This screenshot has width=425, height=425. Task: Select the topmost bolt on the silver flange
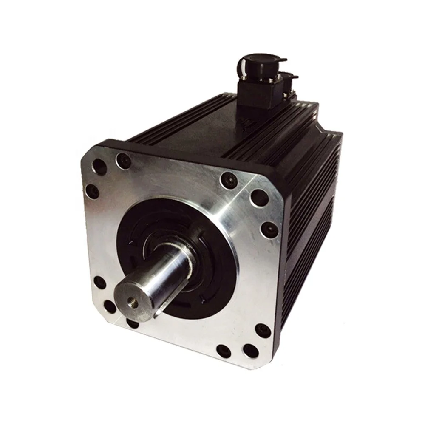click(123, 161)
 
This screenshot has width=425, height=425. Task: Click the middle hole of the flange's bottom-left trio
click(110, 306)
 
